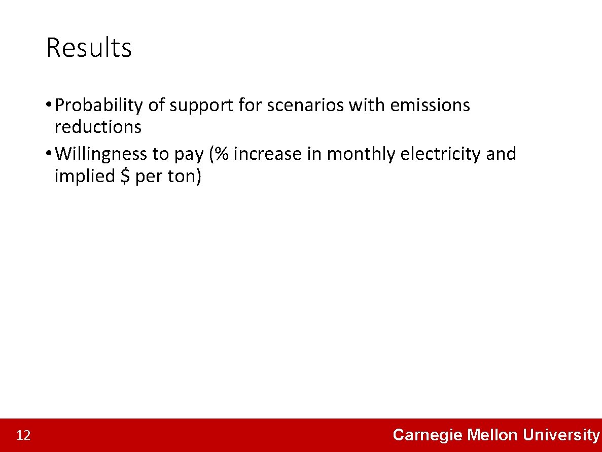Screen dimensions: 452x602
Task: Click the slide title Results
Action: tap(89, 48)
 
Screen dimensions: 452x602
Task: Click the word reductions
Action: tap(98, 127)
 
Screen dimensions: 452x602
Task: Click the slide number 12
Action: tap(23, 435)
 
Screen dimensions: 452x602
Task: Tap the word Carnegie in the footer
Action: tap(428, 435)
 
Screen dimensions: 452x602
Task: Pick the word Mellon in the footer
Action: tap(492, 435)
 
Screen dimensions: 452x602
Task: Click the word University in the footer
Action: tap(561, 435)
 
